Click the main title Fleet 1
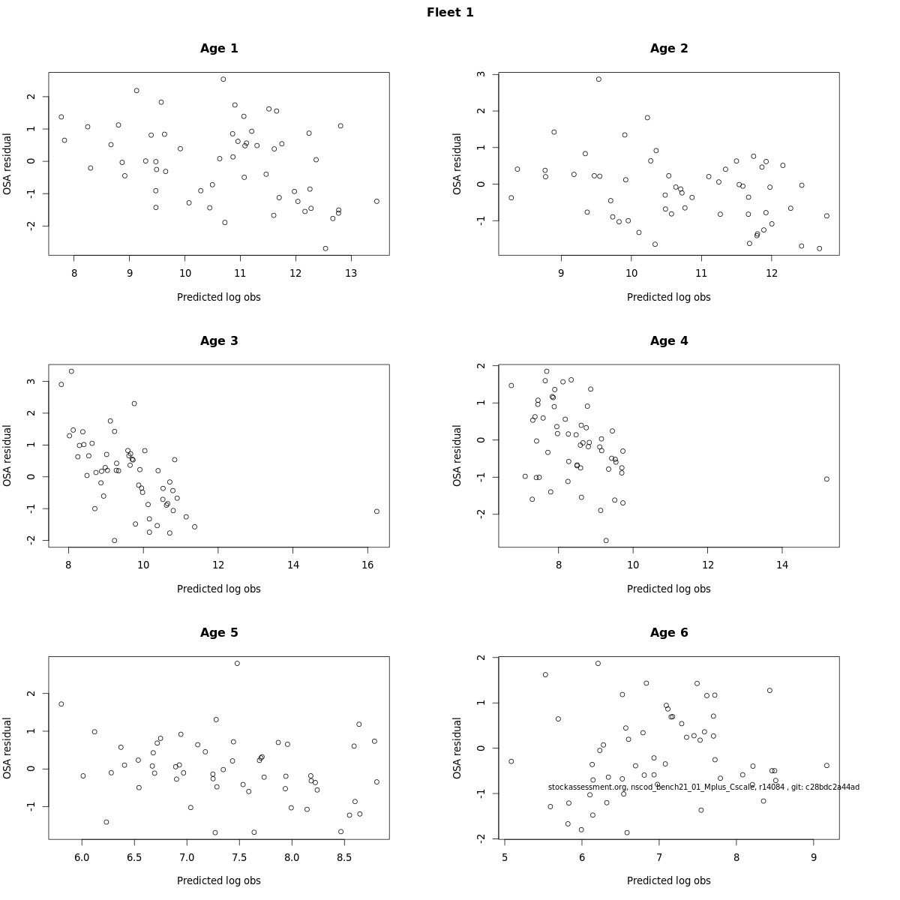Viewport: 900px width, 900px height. [x=450, y=13]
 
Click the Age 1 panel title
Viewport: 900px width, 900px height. [x=219, y=49]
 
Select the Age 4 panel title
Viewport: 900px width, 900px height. [x=669, y=341]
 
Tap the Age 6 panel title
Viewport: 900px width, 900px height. [x=669, y=633]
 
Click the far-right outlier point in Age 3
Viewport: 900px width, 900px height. [x=376, y=511]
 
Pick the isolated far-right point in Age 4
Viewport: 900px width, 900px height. [x=826, y=479]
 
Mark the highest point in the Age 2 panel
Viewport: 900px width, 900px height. [x=598, y=79]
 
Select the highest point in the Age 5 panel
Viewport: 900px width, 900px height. [x=237, y=664]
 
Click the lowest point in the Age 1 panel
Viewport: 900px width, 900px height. [x=325, y=248]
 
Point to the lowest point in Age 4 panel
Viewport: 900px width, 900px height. [x=606, y=541]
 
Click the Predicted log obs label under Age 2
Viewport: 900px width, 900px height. [x=669, y=297]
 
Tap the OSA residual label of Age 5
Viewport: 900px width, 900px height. [x=7, y=748]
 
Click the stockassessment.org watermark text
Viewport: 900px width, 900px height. [x=703, y=787]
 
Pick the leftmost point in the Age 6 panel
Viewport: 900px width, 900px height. [x=511, y=761]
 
